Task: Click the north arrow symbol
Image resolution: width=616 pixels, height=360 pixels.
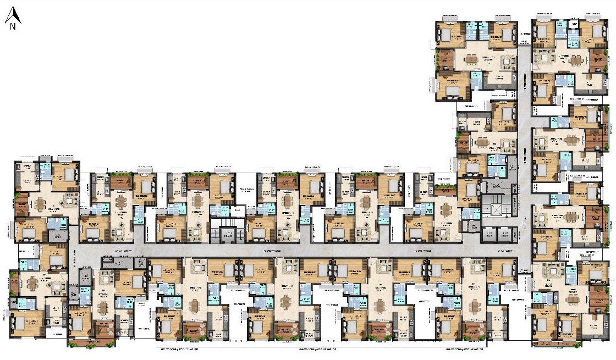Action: tap(12, 15)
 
